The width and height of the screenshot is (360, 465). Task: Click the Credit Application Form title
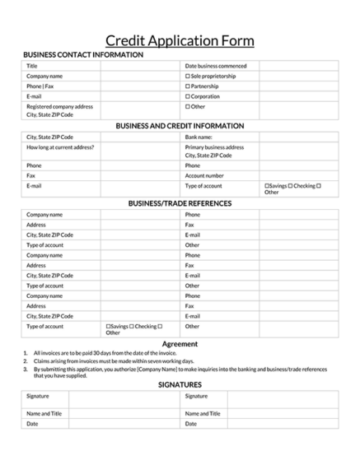(180, 41)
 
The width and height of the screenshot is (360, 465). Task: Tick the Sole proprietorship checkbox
(188, 76)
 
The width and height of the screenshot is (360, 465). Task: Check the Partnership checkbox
(188, 86)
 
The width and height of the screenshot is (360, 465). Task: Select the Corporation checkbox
(188, 96)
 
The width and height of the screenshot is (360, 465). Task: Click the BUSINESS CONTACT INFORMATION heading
(83, 55)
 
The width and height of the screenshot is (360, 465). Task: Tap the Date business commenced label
(216, 66)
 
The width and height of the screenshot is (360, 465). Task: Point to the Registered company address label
(59, 106)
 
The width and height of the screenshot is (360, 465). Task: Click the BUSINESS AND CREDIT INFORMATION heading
(180, 126)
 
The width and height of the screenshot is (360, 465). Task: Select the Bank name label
(199, 137)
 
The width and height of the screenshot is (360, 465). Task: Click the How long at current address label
(60, 147)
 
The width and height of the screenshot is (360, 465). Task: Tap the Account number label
(204, 175)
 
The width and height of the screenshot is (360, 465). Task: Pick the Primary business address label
(214, 147)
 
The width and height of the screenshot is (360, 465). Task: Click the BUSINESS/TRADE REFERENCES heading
(180, 203)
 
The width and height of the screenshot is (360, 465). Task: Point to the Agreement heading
(180, 343)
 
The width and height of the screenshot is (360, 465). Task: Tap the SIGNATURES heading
(180, 384)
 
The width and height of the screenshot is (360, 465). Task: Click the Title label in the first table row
(32, 66)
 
